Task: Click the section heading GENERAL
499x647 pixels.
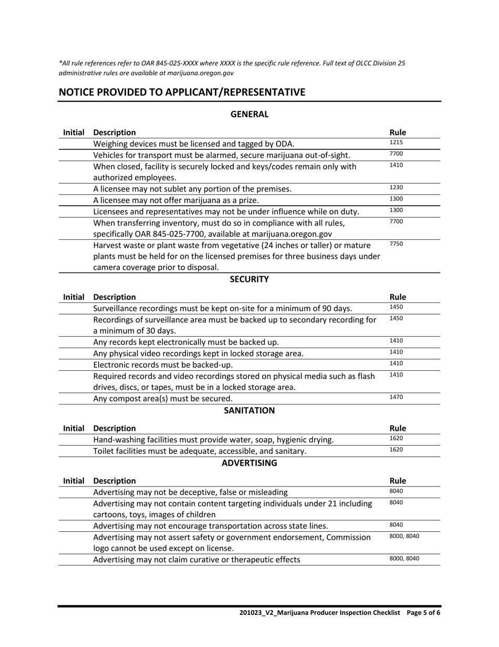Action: [x=250, y=114]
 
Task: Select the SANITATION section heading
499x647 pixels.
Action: [x=249, y=410]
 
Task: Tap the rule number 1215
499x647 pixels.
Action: [x=396, y=143]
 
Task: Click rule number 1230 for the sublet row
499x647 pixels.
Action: [x=396, y=187]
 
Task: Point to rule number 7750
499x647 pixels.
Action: [x=396, y=244]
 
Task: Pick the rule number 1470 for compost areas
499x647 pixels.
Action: [x=396, y=397]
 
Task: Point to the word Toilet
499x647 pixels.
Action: [x=105, y=451]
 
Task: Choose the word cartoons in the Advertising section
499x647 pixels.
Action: [x=111, y=514]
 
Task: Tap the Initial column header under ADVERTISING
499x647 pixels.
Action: [x=74, y=480]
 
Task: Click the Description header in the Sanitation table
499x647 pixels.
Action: [x=114, y=428]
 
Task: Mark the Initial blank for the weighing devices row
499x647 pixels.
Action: [x=74, y=144]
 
